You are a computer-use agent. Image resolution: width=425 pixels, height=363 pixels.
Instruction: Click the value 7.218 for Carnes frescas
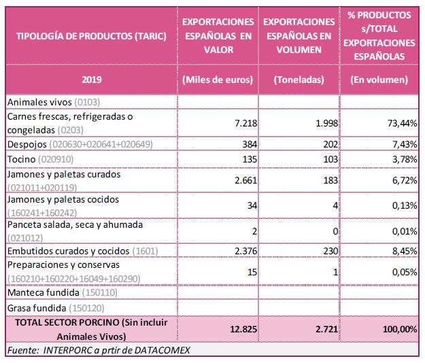(246, 123)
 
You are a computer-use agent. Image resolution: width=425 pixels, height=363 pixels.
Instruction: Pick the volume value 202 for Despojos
(330, 144)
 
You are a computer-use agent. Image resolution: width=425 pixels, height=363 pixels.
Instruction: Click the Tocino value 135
(250, 159)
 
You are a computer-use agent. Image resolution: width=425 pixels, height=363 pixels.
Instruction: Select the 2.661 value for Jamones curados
(246, 180)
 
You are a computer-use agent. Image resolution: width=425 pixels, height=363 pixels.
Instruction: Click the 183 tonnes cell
(330, 180)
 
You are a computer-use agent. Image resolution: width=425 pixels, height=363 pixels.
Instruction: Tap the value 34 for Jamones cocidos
(252, 205)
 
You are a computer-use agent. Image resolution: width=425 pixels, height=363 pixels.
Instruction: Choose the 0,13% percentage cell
(405, 205)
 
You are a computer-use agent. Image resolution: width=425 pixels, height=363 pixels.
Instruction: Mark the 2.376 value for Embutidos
(246, 251)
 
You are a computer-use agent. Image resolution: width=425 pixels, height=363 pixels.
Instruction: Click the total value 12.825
(243, 329)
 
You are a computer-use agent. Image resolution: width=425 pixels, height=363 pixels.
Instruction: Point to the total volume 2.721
(326, 329)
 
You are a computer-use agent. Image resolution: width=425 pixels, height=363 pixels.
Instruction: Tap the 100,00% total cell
(400, 329)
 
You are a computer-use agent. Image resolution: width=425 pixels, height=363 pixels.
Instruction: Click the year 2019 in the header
(92, 80)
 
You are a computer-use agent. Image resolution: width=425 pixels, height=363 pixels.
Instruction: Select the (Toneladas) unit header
(299, 80)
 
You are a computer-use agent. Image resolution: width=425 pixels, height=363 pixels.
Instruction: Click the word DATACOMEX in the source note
(162, 350)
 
